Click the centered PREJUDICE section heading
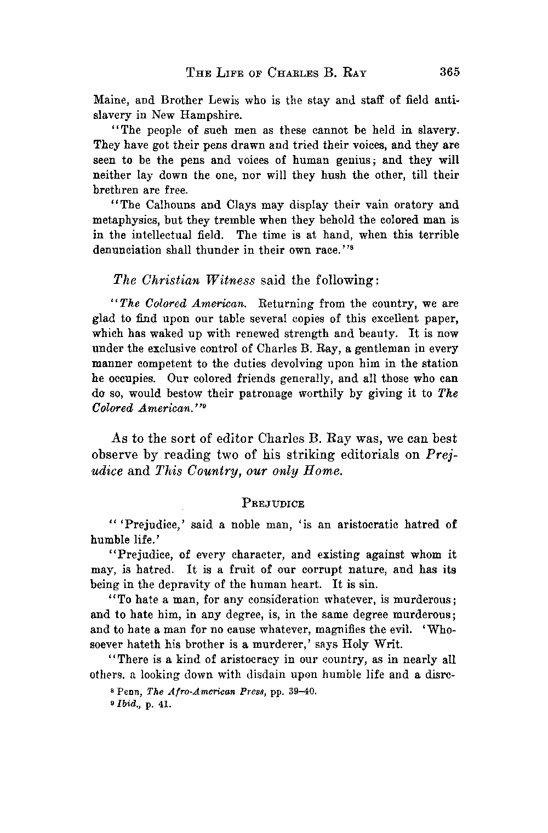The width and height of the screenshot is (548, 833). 275,503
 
